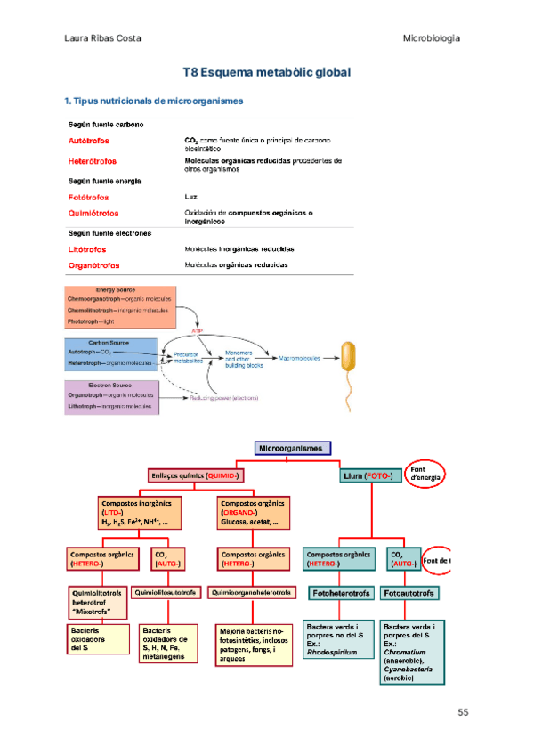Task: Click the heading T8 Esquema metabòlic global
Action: pos(266,71)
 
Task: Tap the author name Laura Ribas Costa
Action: pos(103,38)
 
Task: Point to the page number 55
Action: pos(463,712)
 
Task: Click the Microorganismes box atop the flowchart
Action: pos(293,448)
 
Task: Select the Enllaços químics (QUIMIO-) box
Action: pos(197,476)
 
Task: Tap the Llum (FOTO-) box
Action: pos(370,476)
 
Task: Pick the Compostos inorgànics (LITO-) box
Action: pos(133,513)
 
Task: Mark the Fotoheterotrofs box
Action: pos(341,592)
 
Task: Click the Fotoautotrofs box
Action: pos(411,592)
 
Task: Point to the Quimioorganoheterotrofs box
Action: pos(252,591)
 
